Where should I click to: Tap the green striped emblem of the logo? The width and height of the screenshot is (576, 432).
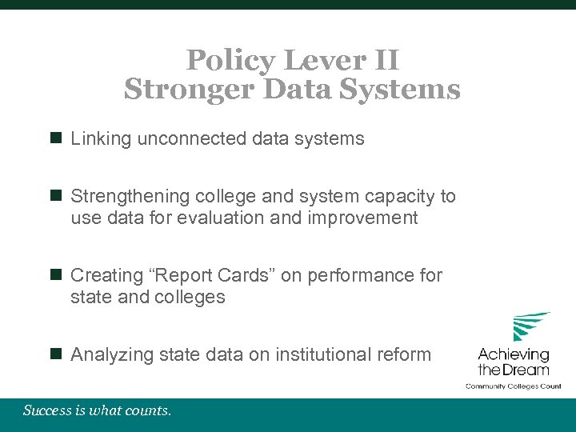pyautogui.click(x=531, y=326)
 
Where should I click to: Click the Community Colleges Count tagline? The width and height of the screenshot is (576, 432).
pyautogui.click(x=514, y=386)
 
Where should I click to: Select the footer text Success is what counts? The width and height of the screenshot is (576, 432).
pyautogui.click(x=97, y=411)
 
